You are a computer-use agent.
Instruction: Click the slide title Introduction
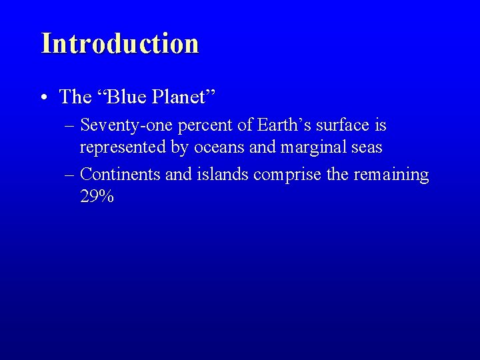tap(120, 44)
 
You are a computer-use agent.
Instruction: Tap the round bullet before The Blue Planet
tap(43, 98)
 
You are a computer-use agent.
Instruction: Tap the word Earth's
tap(279, 125)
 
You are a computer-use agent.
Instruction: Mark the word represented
tap(124, 147)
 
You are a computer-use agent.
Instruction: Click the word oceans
tap(219, 147)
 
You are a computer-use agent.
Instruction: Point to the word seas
tap(366, 147)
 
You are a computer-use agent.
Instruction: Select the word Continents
tap(121, 175)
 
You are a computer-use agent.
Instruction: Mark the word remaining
tap(391, 175)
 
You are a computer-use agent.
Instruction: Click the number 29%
tap(97, 197)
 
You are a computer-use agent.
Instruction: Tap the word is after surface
tap(380, 125)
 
